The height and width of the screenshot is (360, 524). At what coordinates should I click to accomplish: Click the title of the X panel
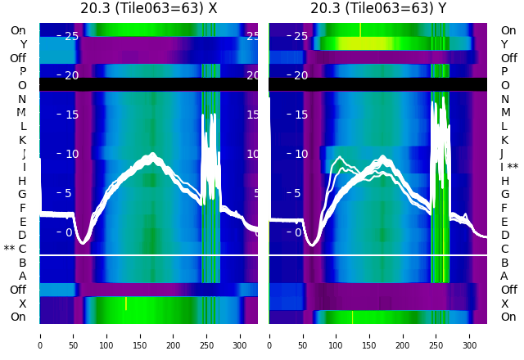(x=148, y=8)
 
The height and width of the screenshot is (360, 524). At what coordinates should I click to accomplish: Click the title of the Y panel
(x=377, y=8)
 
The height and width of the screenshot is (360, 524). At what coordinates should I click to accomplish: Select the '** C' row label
(x=16, y=249)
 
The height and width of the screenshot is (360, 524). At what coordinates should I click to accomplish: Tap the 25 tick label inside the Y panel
(x=301, y=36)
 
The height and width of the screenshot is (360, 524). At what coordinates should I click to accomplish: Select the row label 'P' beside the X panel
(x=23, y=71)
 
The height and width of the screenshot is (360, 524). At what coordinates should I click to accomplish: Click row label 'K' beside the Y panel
(x=504, y=140)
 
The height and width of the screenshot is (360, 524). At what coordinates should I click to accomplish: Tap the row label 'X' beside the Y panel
(x=504, y=304)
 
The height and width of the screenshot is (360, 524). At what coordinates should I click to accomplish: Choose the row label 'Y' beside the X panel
(x=23, y=44)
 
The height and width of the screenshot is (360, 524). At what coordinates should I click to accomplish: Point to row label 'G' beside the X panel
(x=22, y=194)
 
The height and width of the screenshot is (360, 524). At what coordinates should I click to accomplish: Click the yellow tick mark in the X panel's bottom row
(x=126, y=304)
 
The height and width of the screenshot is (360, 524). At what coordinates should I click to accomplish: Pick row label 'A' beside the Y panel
(x=504, y=276)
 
